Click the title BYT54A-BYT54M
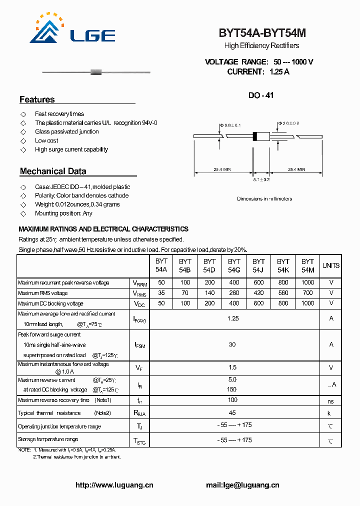[x=262, y=33]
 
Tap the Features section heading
[x=37, y=99]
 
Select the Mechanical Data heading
[x=53, y=171]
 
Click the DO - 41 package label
[x=261, y=95]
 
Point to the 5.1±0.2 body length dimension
[x=261, y=179]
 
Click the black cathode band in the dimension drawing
[x=255, y=136]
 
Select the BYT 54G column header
[x=234, y=265]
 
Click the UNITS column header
[x=330, y=265]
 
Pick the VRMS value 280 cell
[x=234, y=293]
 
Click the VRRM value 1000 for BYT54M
[x=308, y=282]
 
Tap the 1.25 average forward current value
[x=233, y=318]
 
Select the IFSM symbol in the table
[x=139, y=344]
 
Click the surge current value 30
[x=232, y=344]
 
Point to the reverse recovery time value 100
[x=232, y=400]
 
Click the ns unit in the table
[x=330, y=401]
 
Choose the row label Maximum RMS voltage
[x=42, y=293]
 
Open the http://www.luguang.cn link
[x=114, y=485]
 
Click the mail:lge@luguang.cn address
[x=242, y=485]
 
